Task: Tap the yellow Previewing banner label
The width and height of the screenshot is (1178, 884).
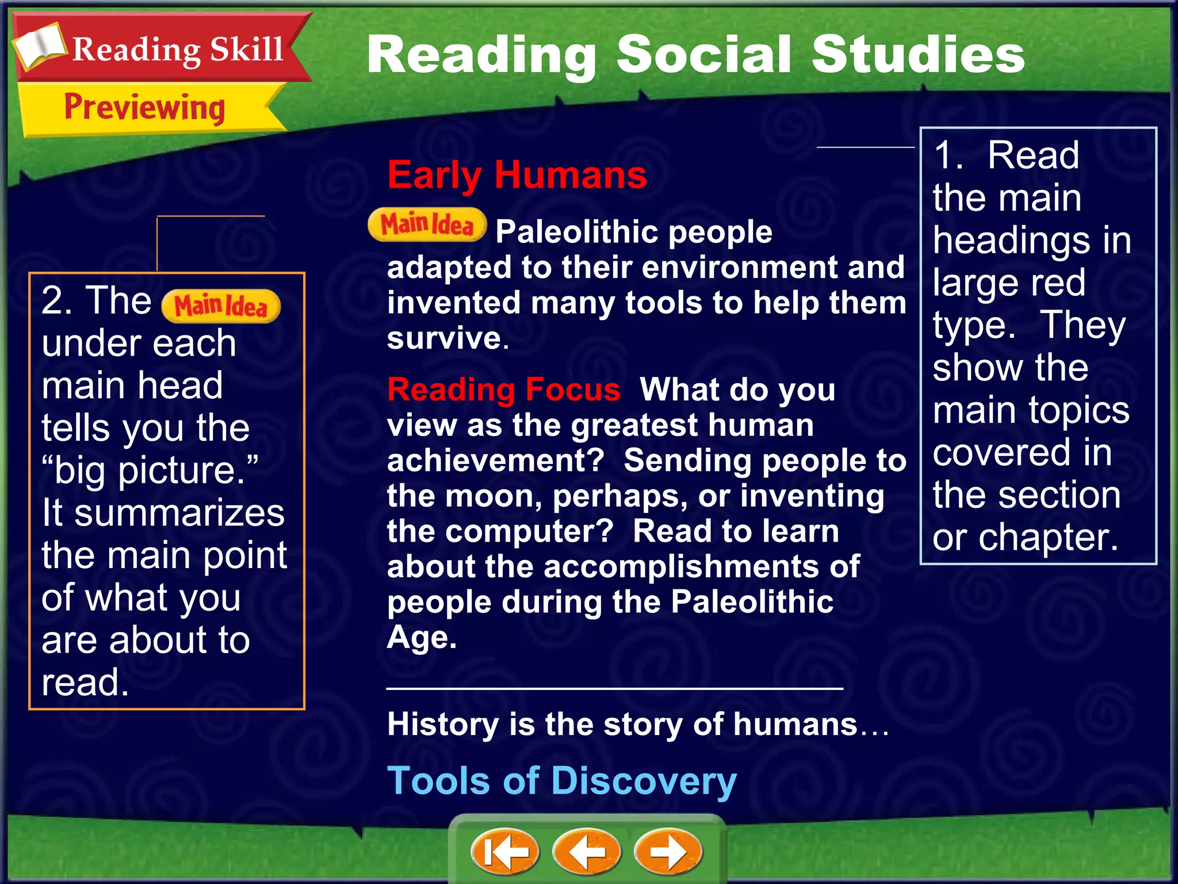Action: [144, 108]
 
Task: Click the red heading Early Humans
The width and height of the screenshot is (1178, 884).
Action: [517, 175]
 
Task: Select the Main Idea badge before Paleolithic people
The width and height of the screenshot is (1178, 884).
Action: [427, 225]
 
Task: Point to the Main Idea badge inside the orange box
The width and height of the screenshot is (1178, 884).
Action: [221, 306]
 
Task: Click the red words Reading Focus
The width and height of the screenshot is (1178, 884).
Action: [504, 390]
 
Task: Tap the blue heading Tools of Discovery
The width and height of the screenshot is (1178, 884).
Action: [561, 781]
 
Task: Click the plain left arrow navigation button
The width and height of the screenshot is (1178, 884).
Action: [586, 852]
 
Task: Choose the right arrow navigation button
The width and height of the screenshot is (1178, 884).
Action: [668, 852]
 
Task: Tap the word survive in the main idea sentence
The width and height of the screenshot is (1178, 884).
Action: [443, 338]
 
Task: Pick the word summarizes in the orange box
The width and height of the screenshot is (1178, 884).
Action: [179, 513]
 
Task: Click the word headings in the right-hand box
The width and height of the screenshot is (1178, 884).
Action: [1011, 240]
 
